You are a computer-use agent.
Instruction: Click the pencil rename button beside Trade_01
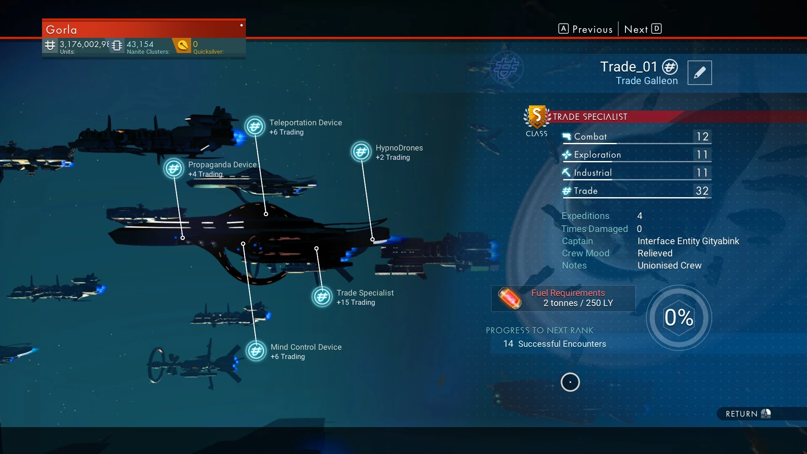(x=699, y=73)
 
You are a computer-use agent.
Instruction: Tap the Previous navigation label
(x=592, y=29)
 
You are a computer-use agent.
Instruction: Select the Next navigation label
(x=636, y=29)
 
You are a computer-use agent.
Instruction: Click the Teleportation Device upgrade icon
(x=255, y=127)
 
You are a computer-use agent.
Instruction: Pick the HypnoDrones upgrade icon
(x=361, y=152)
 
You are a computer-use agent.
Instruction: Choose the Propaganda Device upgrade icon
(x=174, y=169)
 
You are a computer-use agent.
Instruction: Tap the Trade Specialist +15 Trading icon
(x=322, y=297)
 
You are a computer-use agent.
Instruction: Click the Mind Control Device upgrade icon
(x=256, y=351)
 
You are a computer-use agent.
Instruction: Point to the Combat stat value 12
(x=702, y=137)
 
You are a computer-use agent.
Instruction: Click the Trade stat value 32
(x=702, y=191)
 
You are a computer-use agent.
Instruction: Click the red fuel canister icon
(x=509, y=298)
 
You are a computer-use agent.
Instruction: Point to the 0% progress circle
(x=679, y=317)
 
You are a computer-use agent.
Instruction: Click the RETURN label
(x=741, y=414)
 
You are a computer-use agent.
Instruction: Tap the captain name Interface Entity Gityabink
(x=688, y=241)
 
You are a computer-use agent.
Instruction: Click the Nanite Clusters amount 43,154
(x=140, y=44)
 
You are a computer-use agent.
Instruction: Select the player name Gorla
(x=61, y=30)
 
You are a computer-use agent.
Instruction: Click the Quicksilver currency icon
(x=182, y=45)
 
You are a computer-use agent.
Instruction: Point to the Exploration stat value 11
(x=702, y=155)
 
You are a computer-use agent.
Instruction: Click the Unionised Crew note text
(x=669, y=266)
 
